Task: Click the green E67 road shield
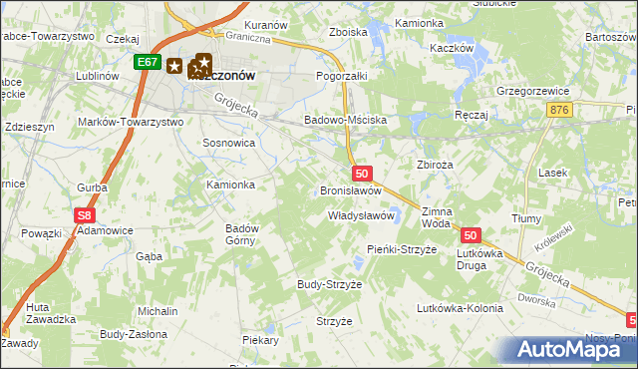click(148, 62)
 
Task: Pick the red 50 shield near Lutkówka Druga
click(472, 235)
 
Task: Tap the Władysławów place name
click(363, 215)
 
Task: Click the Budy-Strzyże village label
click(329, 284)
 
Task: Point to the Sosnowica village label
click(229, 144)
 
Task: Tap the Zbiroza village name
click(435, 165)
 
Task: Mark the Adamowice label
click(106, 230)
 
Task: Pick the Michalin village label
click(158, 311)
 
